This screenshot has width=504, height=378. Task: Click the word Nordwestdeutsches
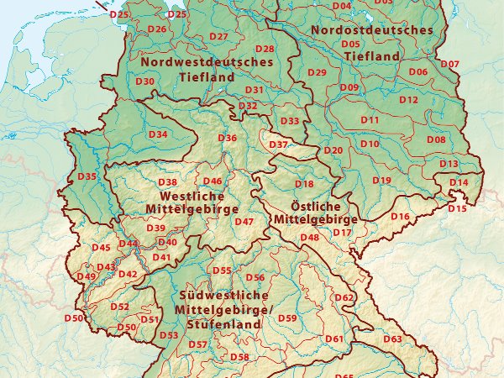tap(207, 61)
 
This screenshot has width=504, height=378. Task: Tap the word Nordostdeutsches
tap(372, 30)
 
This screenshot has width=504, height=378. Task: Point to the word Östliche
tap(314, 206)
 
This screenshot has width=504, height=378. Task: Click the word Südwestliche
tap(223, 295)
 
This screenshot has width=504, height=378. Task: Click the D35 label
tap(87, 176)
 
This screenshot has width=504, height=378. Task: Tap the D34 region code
tap(158, 134)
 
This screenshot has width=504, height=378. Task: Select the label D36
tap(227, 138)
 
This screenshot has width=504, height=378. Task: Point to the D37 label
tap(278, 145)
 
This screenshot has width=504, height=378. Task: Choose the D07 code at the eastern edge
tap(450, 65)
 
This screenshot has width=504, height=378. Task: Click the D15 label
tap(457, 207)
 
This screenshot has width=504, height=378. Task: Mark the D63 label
tap(392, 339)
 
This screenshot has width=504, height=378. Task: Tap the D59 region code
tap(286, 318)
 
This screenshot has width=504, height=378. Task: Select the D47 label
tap(244, 222)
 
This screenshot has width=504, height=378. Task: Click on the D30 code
tap(144, 81)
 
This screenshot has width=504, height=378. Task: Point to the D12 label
tap(408, 100)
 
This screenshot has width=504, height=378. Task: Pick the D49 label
tap(86, 276)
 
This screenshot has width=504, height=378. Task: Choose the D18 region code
tap(303, 184)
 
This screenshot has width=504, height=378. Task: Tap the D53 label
tap(169, 335)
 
